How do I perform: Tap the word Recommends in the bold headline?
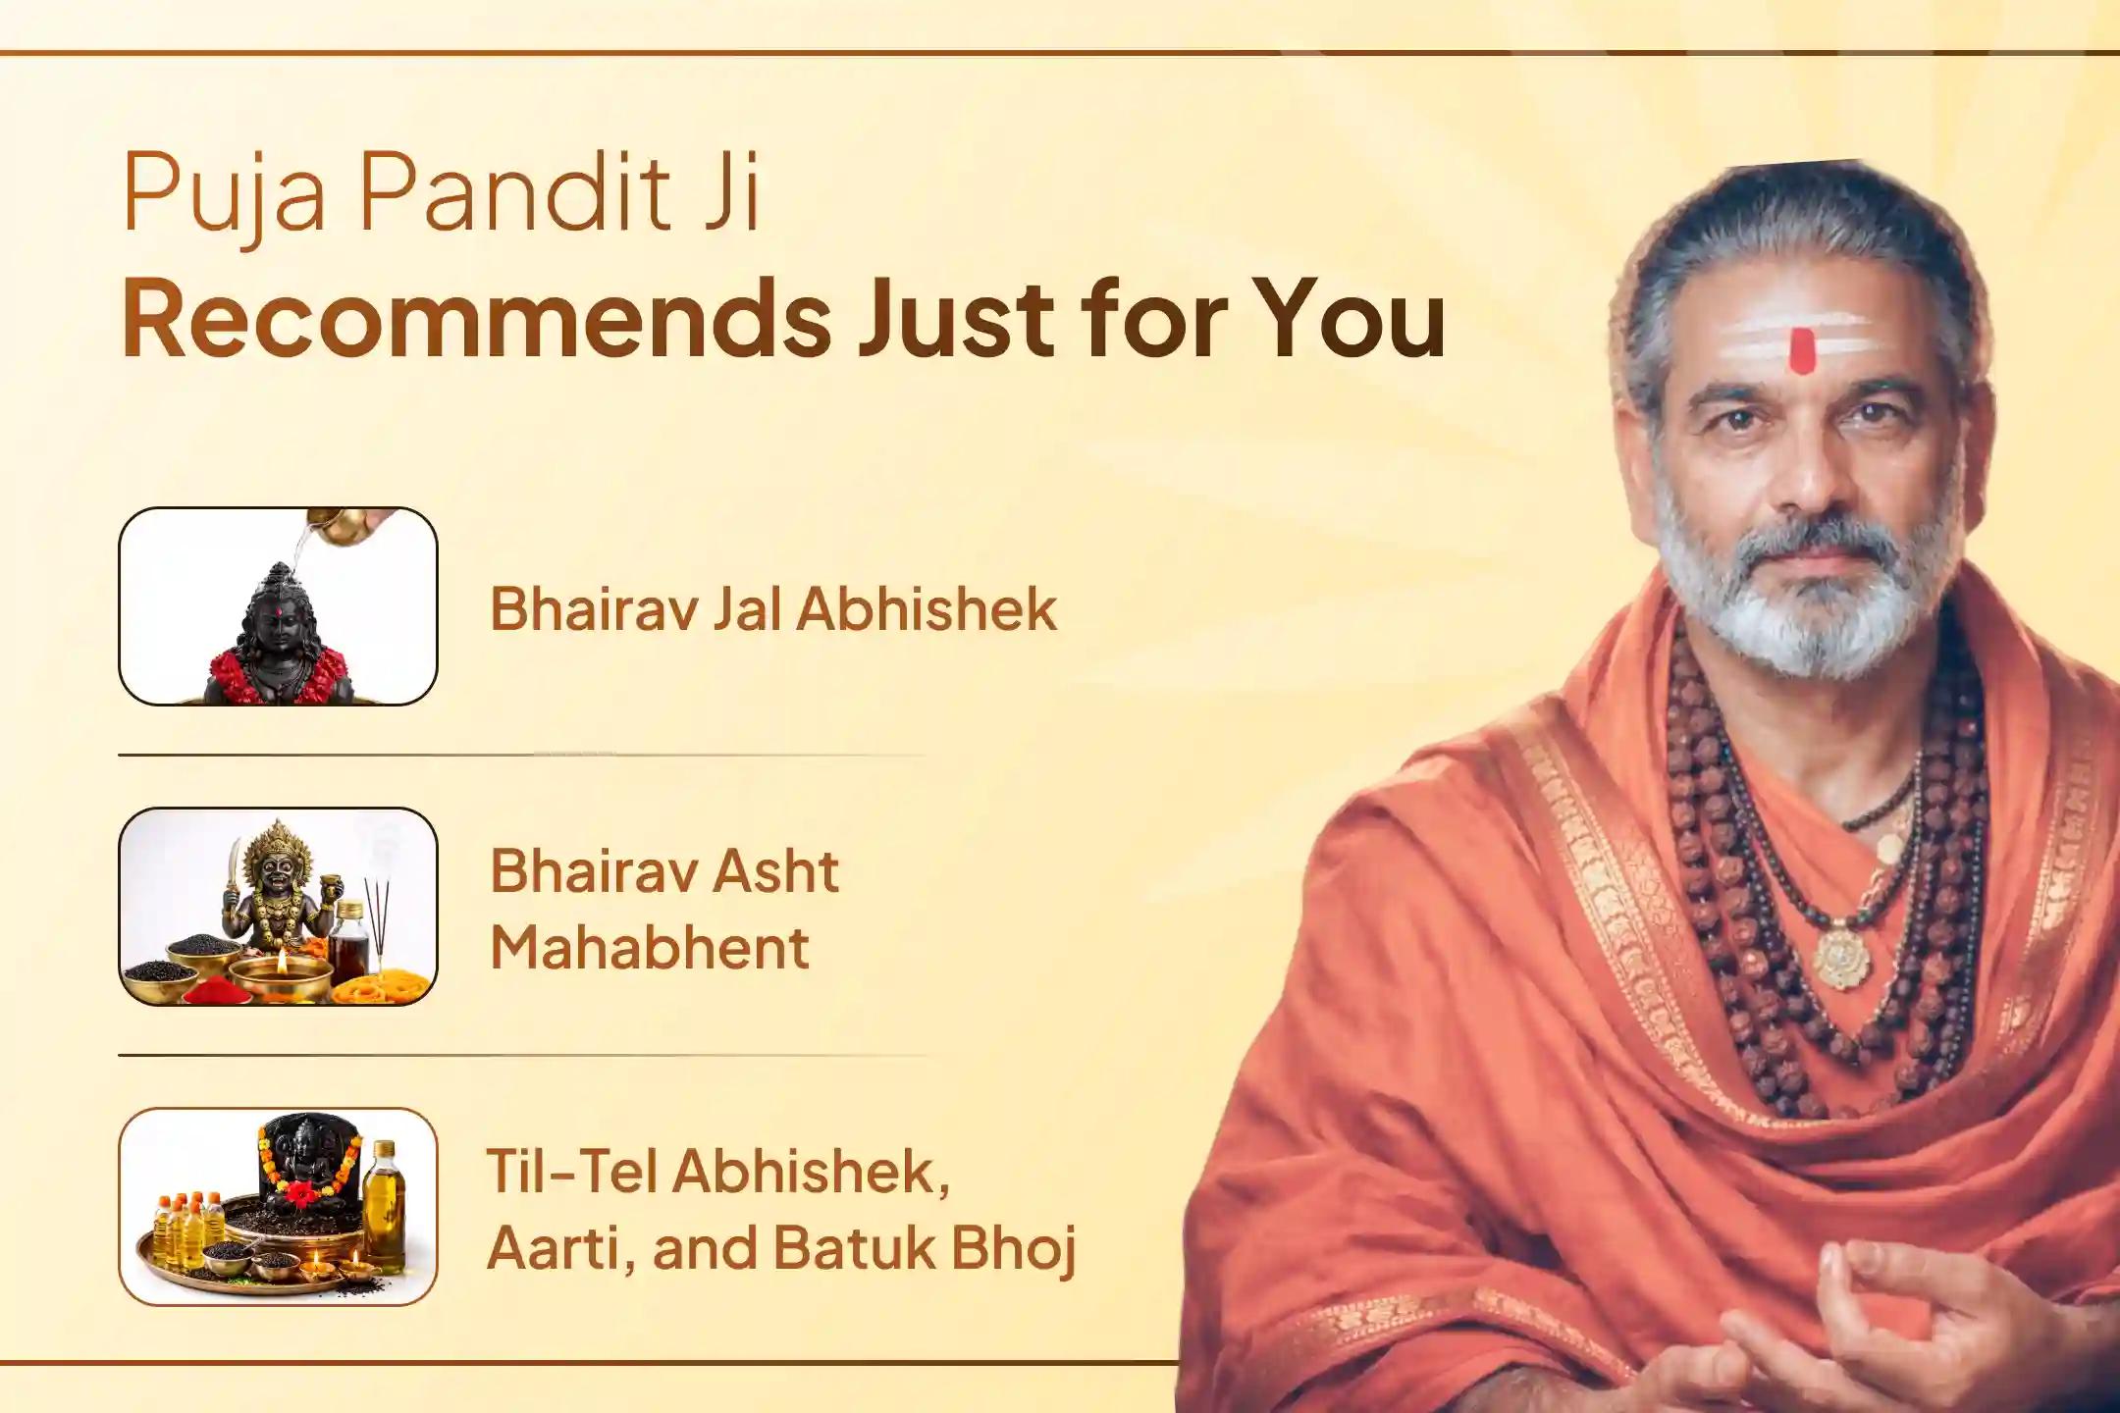(476, 319)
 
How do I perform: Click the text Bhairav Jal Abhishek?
(773, 608)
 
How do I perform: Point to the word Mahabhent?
(650, 948)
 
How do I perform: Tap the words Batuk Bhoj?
(925, 1248)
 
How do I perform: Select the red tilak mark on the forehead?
(1801, 351)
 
